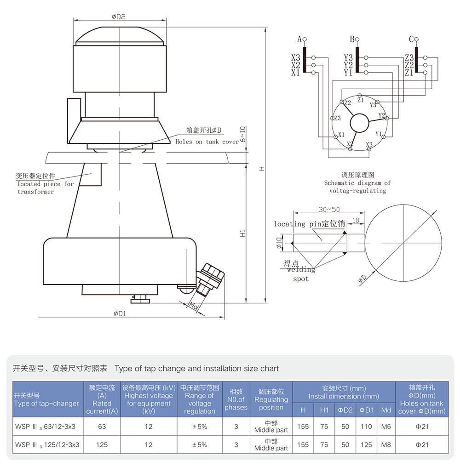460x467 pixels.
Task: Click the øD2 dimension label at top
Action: [x=118, y=17]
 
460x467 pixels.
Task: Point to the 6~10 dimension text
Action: [x=242, y=134]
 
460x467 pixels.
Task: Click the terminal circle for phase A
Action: [x=304, y=40]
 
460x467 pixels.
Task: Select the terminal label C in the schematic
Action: [x=411, y=40]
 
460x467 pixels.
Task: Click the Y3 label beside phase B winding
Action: [x=348, y=58]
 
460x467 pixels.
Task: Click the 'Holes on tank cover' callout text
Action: [x=207, y=142]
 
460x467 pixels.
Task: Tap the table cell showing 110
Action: [x=366, y=427]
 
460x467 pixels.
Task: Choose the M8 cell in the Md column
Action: [x=386, y=444]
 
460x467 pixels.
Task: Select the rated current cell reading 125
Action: [x=102, y=444]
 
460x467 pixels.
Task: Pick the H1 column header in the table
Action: [x=324, y=410]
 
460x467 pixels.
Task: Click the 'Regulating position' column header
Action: [x=271, y=399]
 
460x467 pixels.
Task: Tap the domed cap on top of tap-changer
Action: [x=119, y=37]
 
